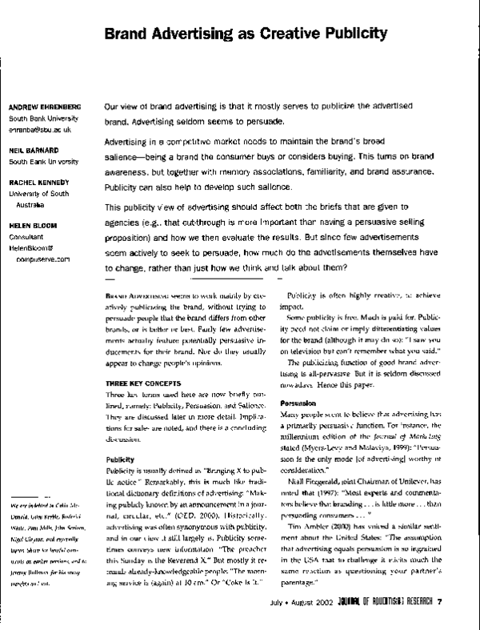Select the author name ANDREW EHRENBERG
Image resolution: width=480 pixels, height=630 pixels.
[44, 107]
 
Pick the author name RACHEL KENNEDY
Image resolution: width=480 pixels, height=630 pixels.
[38, 182]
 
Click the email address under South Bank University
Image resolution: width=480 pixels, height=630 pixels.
[40, 128]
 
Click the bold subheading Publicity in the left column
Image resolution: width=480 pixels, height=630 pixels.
[122, 459]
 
